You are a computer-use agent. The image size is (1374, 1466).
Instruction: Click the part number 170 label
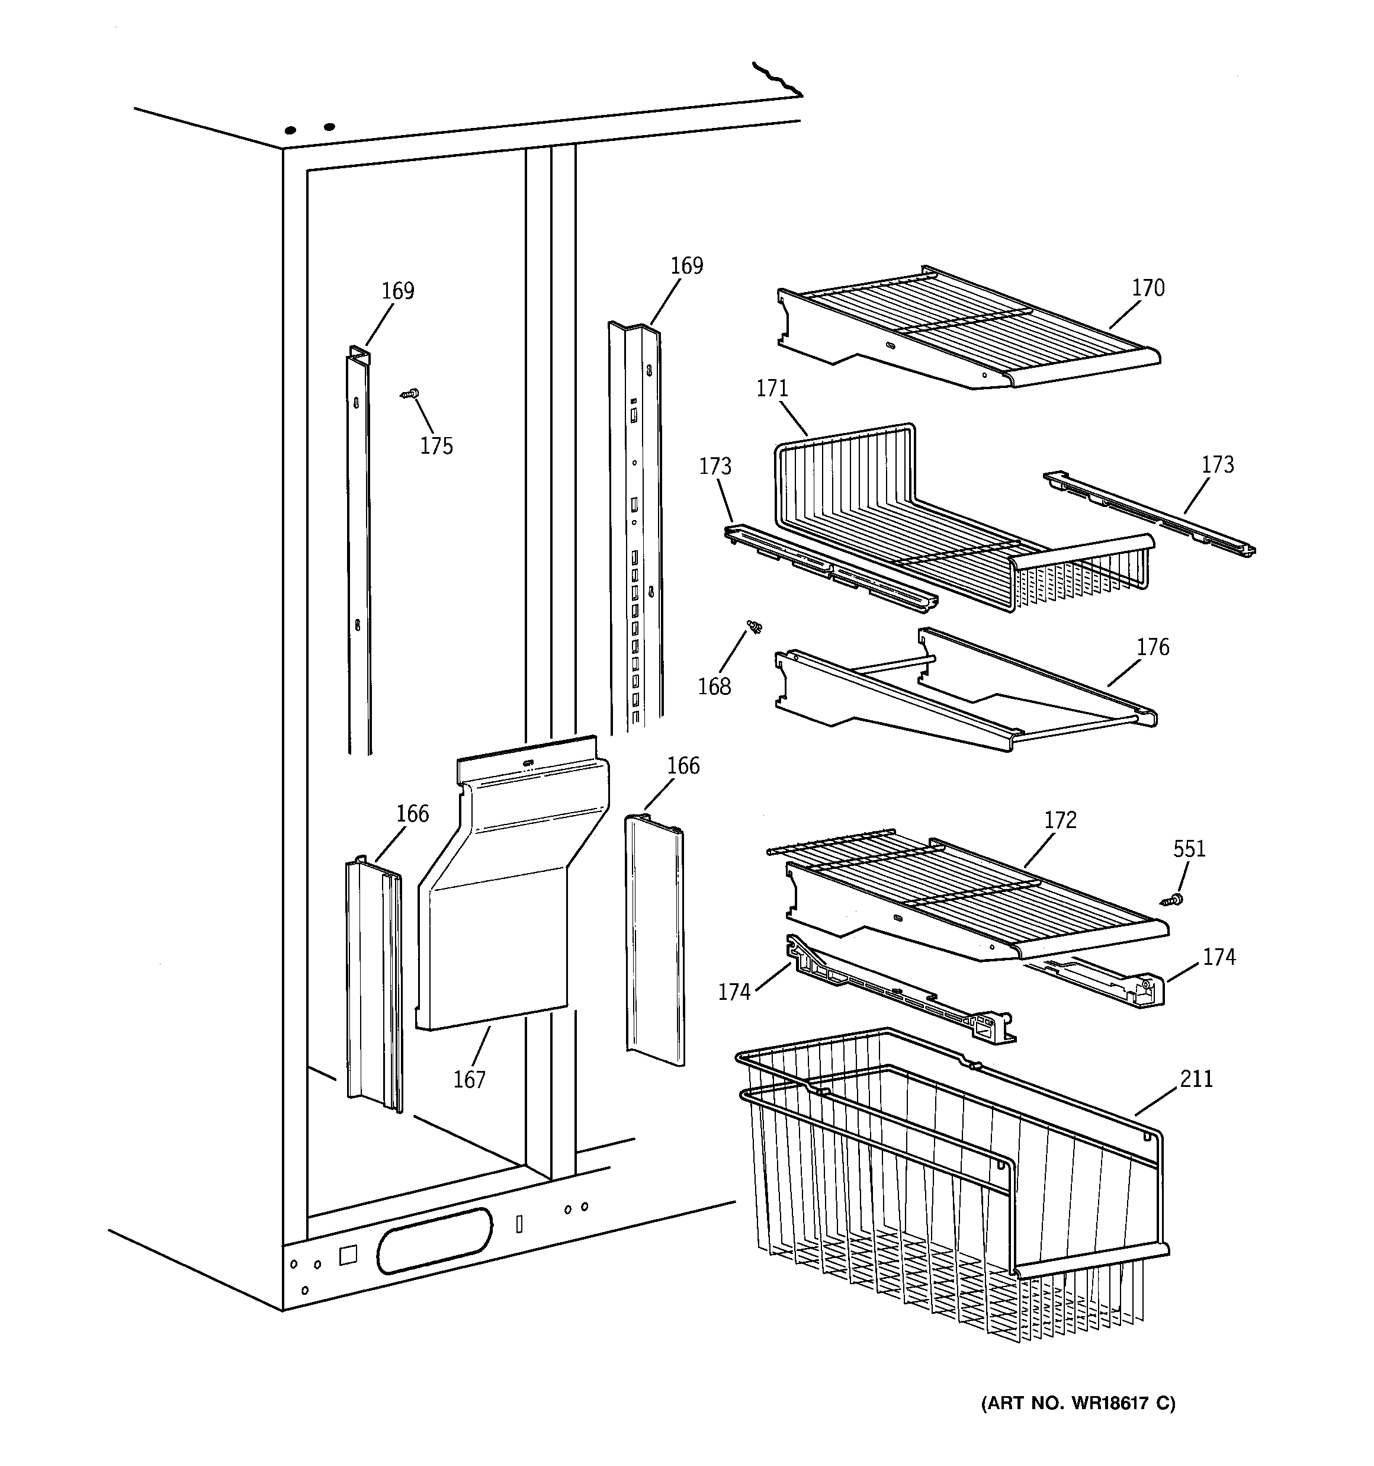click(x=1148, y=288)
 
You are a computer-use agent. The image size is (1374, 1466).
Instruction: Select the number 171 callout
click(x=772, y=389)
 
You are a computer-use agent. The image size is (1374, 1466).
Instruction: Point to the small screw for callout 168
click(x=755, y=627)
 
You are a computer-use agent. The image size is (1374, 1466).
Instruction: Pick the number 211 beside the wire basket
click(x=1196, y=1079)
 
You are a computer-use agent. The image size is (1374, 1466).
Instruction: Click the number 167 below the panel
click(x=469, y=1080)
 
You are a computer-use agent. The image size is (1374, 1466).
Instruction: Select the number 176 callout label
click(x=1152, y=647)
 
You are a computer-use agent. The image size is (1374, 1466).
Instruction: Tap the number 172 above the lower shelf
click(x=1060, y=820)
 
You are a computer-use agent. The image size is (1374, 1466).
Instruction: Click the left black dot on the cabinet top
click(x=291, y=130)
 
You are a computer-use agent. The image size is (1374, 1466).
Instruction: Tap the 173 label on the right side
click(x=1217, y=464)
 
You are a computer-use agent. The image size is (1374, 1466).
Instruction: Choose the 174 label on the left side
click(x=734, y=993)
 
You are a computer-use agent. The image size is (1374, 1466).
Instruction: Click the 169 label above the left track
click(x=397, y=291)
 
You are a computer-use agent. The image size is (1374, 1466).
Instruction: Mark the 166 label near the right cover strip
click(x=683, y=766)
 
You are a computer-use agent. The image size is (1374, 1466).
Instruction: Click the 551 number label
click(x=1189, y=849)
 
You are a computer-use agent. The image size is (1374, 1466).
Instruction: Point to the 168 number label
click(x=714, y=687)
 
